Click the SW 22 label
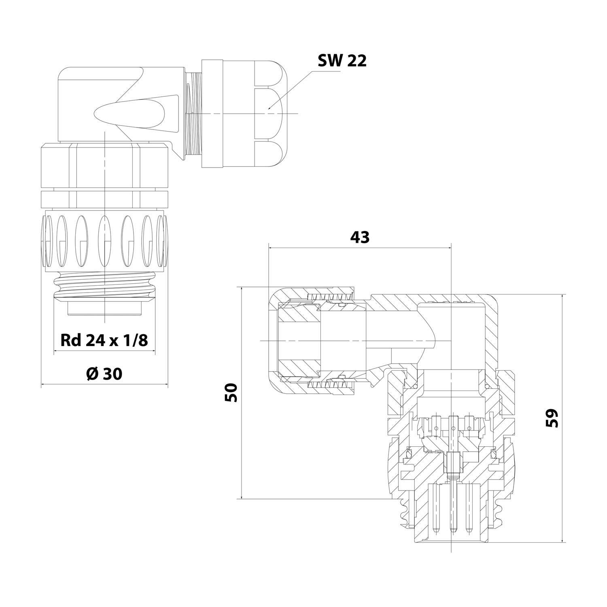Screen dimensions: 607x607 342,61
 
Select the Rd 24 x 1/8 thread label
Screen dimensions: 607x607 104,340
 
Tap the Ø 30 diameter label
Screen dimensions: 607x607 104,374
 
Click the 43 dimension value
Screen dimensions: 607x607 359,237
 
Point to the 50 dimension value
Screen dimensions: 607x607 231,393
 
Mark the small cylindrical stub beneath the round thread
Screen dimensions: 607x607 104,310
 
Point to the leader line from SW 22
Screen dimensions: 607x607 291,89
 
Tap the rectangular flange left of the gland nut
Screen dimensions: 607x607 212,113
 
